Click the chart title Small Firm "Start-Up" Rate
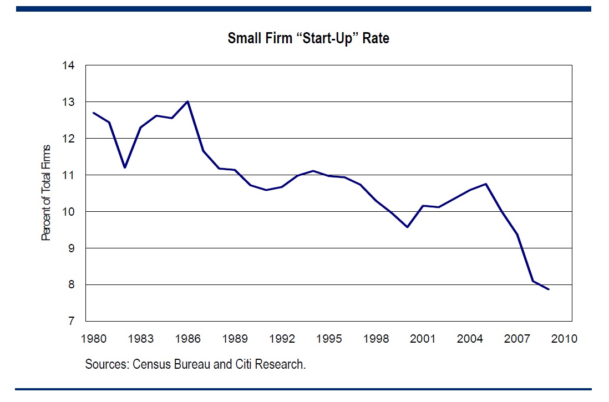point(308,39)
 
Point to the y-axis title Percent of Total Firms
point(47,192)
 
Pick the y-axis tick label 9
point(71,248)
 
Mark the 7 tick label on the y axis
point(71,322)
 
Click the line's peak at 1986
point(188,101)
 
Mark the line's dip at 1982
point(125,167)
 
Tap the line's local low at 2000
point(408,227)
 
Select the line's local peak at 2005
point(486,184)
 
